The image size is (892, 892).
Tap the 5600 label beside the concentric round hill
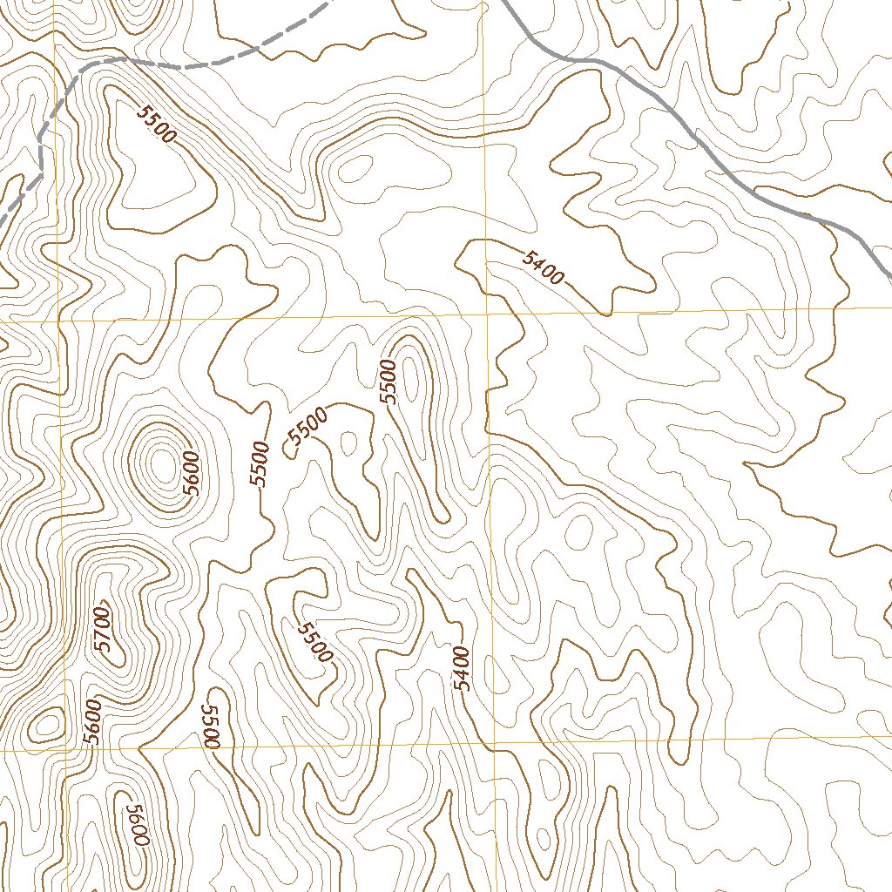coord(192,475)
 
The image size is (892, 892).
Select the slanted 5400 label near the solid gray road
coord(544,267)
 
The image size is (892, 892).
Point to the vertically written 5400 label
coord(462,669)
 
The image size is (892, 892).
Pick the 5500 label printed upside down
coord(211,726)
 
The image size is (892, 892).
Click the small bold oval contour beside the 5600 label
coord(45,723)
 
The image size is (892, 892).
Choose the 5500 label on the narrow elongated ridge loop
coord(389,382)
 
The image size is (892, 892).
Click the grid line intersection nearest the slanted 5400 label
coord(485,312)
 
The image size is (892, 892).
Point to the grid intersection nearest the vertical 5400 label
coord(493,743)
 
